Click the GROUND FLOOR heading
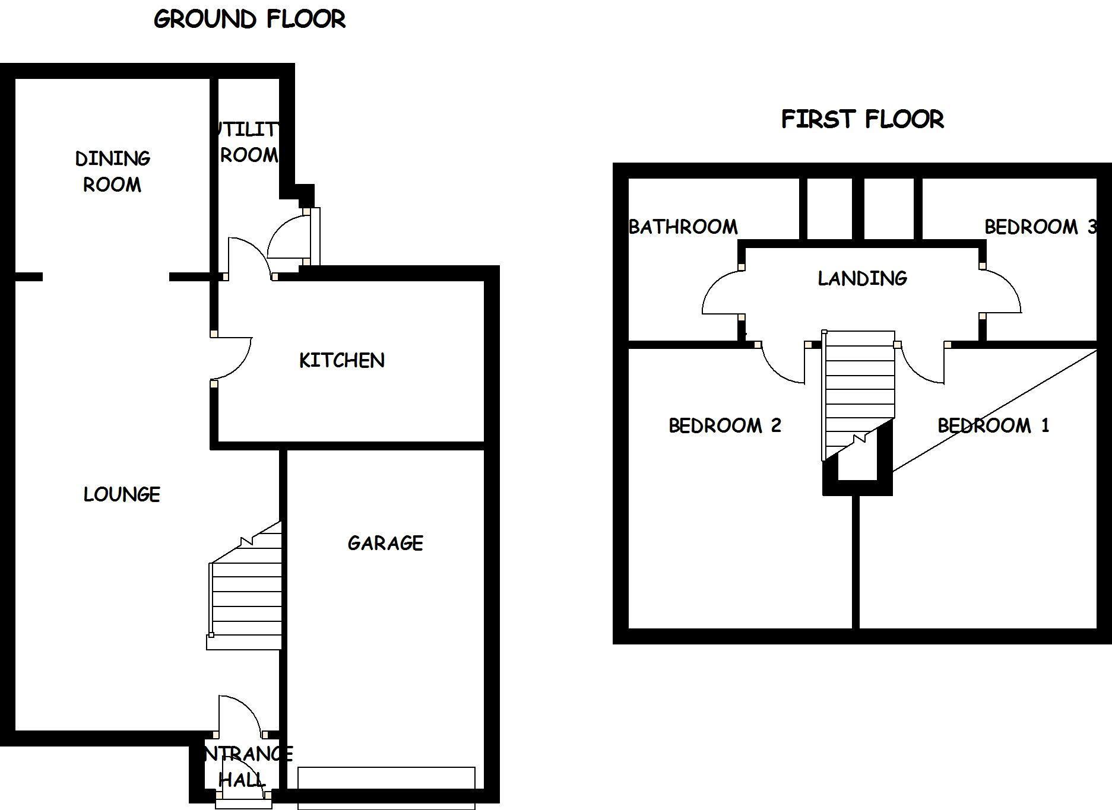point(249,20)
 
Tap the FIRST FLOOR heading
point(862,119)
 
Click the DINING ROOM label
point(112,171)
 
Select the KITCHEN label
point(341,360)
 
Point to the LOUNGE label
point(122,494)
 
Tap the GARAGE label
point(385,543)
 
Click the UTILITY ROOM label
point(248,142)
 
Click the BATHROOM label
point(683,227)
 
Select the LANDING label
point(862,278)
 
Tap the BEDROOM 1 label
point(993,425)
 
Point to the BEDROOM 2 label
point(724,425)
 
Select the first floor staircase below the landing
point(858,392)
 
